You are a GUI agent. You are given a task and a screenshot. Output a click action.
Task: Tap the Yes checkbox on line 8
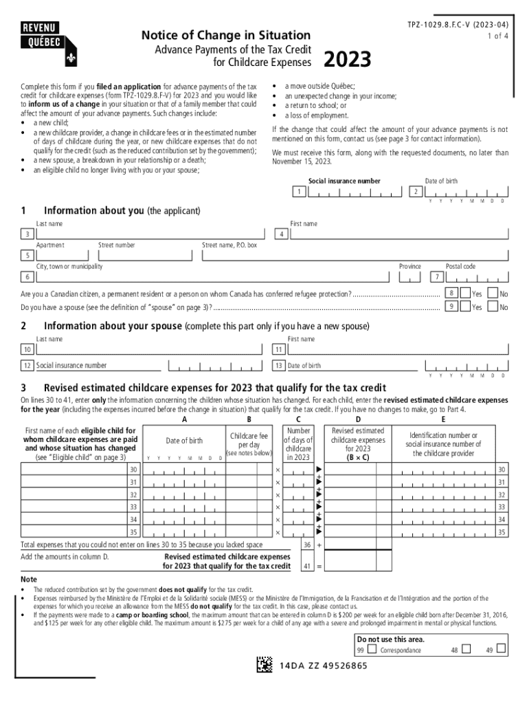(464, 293)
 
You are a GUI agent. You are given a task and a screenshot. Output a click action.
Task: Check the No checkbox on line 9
(492, 307)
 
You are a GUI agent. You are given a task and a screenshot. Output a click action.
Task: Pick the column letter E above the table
(443, 419)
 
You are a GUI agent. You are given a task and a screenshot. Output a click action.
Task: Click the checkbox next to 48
(466, 648)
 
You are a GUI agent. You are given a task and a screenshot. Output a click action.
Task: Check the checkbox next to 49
(501, 648)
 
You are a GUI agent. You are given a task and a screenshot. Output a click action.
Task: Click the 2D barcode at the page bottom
(264, 665)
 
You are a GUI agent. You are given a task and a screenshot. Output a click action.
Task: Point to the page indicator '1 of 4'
(498, 35)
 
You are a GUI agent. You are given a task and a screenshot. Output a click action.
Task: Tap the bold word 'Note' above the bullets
(29, 580)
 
